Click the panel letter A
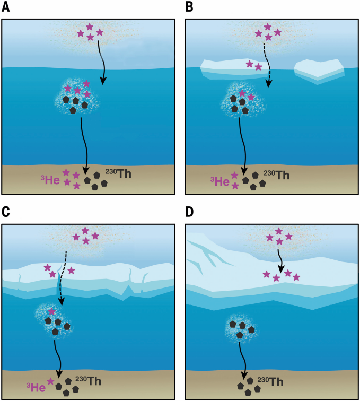6,7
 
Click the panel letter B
189,7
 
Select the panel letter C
6,212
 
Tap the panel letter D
189,212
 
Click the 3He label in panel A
50,179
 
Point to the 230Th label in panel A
118,173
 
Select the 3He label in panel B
220,181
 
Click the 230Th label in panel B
277,175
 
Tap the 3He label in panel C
36,387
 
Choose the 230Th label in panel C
88,380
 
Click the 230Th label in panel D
270,382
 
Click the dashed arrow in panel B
267,65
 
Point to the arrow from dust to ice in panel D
280,261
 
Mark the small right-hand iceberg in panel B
319,71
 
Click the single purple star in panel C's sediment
50,381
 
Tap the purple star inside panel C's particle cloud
51,311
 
